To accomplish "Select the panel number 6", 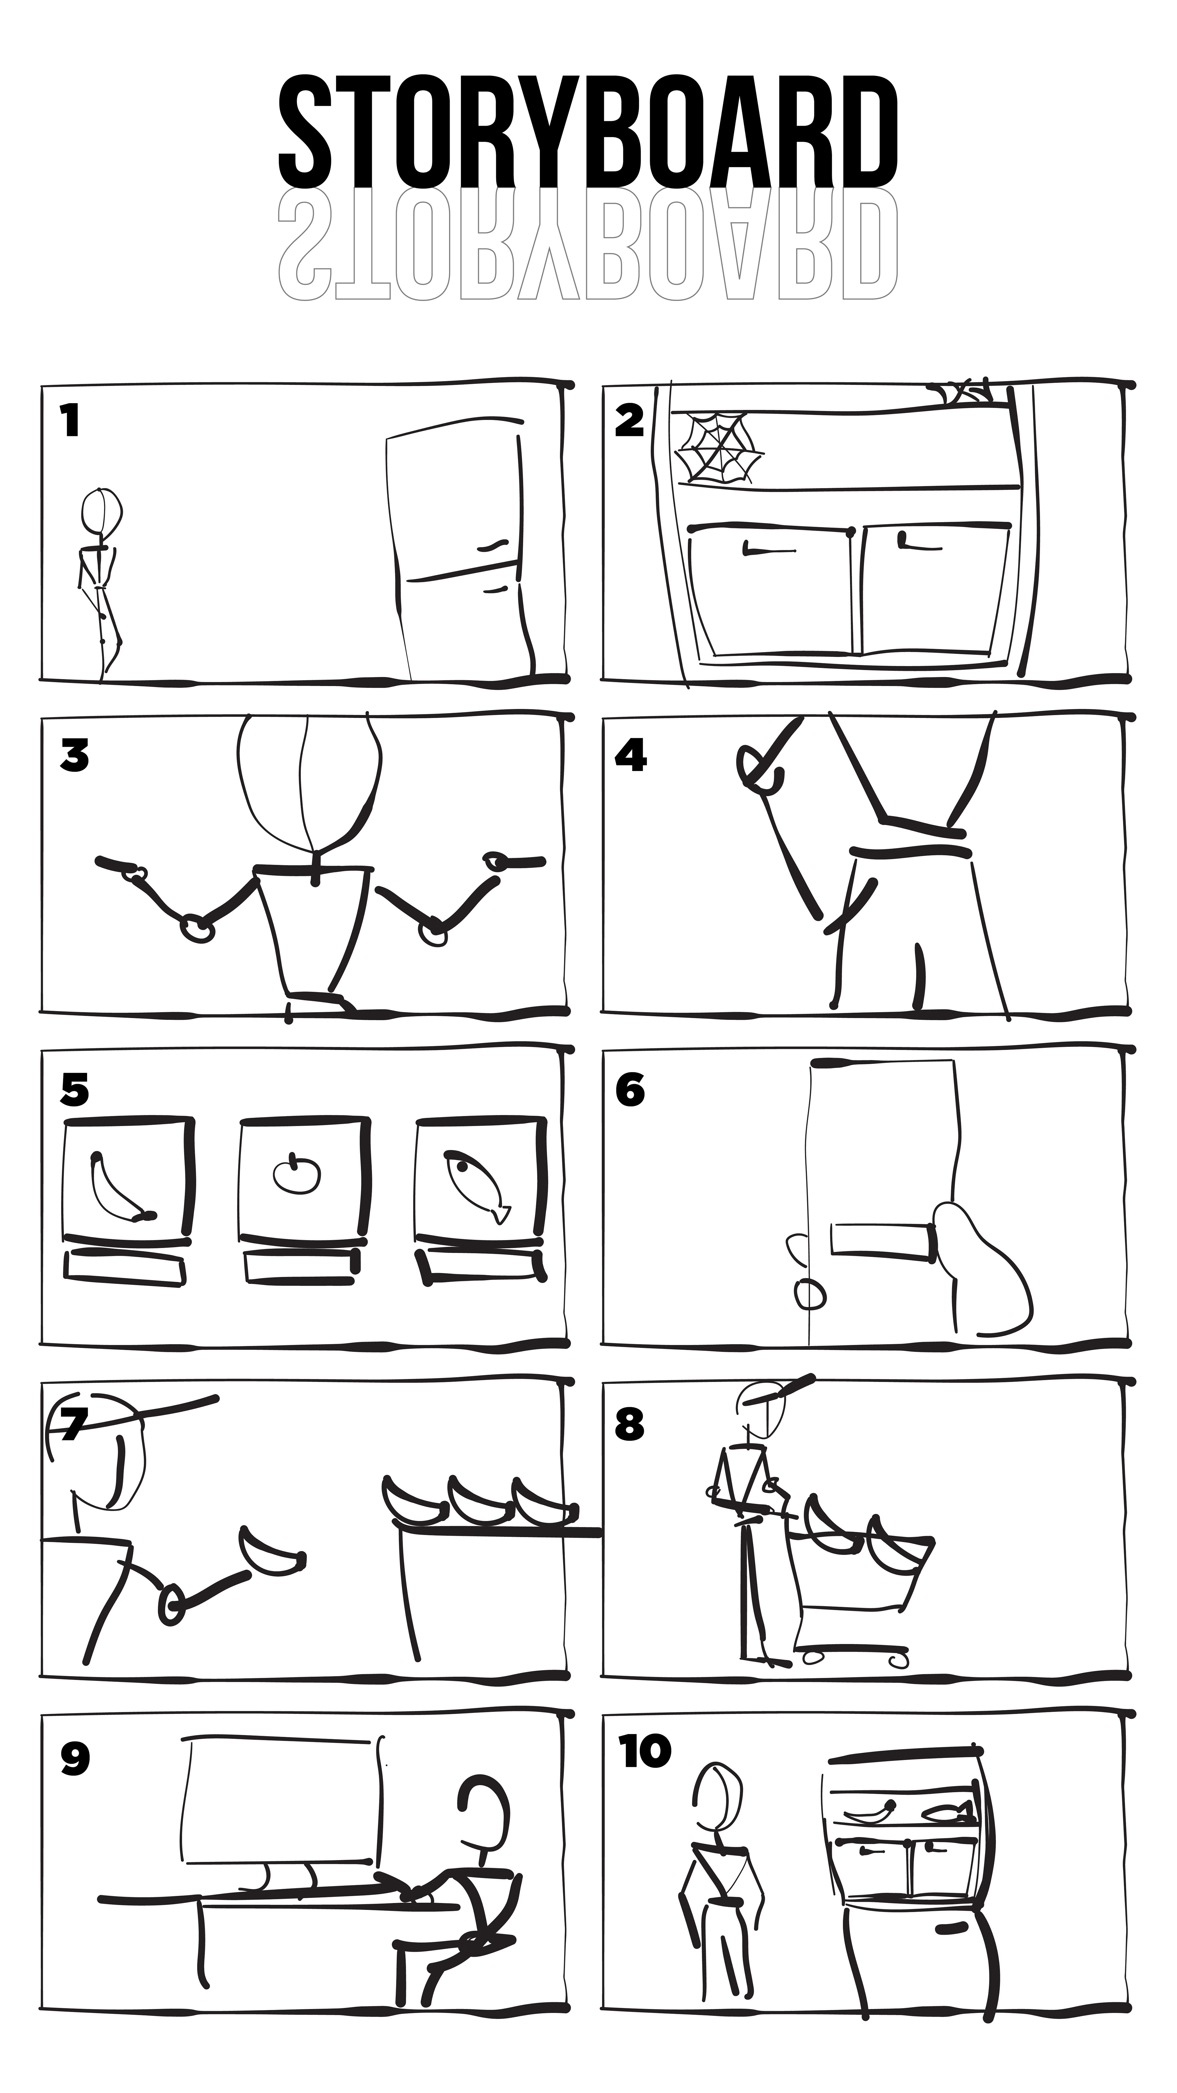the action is click(630, 1090).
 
